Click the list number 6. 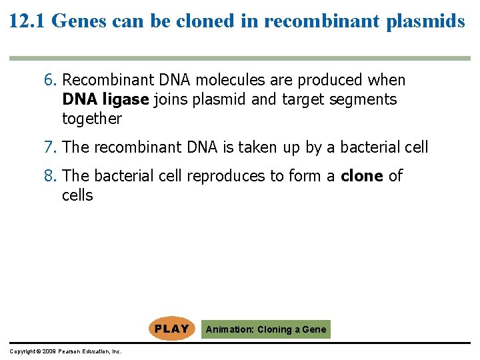coord(50,80)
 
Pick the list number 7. coord(50,147)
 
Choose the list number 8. coord(50,176)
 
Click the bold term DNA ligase coord(105,100)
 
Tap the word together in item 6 coord(92,119)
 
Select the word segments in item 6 coord(366,100)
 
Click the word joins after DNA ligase coord(171,100)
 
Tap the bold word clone coord(361,176)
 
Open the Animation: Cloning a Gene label coord(266,329)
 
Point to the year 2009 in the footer coord(47,351)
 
